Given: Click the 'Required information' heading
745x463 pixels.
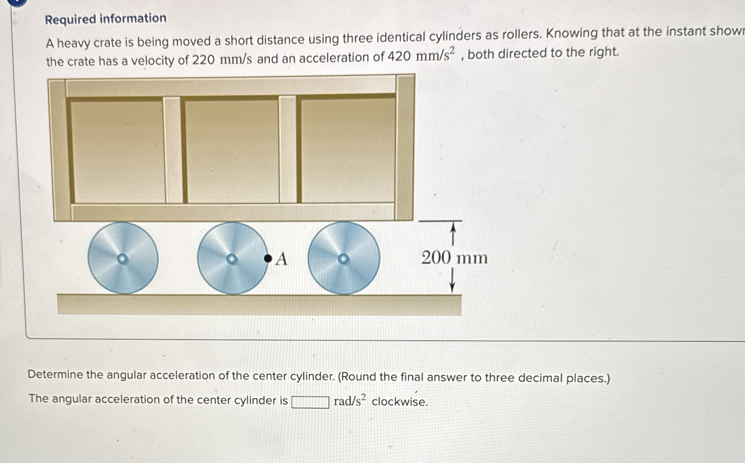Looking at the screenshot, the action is (x=106, y=19).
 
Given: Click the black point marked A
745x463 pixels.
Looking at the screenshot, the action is (x=268, y=259).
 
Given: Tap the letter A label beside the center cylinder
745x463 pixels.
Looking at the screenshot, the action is (x=281, y=259).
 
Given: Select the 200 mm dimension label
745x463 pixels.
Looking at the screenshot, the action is (x=454, y=257).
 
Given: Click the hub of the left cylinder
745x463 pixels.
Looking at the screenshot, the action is (x=122, y=259).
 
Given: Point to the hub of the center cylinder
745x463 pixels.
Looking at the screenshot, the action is (x=232, y=259).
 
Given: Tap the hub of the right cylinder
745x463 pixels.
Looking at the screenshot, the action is (x=343, y=259).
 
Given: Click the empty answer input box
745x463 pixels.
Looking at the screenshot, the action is (x=310, y=402).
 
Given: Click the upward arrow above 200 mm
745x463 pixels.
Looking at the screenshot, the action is (x=453, y=234).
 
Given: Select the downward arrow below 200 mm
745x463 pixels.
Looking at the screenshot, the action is (x=452, y=281).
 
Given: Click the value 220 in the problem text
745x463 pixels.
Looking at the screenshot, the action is (x=203, y=60).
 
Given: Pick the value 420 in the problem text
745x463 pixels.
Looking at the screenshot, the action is (x=399, y=57).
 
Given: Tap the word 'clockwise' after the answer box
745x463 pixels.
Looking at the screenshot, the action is (x=399, y=401).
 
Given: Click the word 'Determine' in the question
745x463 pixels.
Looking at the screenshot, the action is (x=55, y=374).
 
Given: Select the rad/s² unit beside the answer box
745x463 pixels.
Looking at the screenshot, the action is (x=349, y=401).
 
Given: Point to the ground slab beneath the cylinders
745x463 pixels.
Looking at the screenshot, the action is (x=259, y=305).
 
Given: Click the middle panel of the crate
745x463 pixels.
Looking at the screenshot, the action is (x=232, y=150).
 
